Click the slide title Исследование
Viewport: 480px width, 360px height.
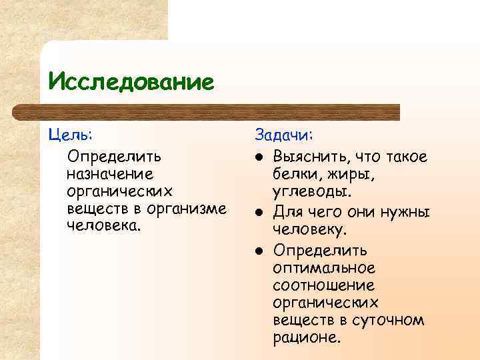131,82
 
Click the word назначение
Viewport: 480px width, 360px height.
110,174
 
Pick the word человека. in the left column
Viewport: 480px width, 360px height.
105,225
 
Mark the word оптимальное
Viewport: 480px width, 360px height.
324,268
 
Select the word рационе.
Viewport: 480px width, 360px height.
307,337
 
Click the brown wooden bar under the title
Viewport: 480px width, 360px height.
220,111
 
